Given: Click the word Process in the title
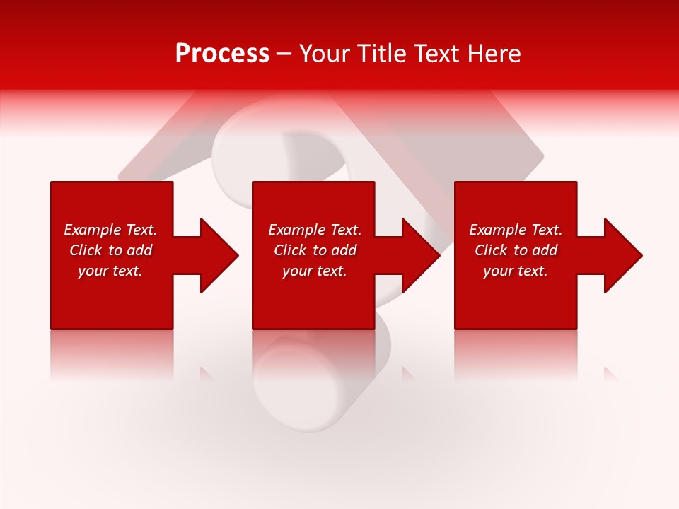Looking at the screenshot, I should (222, 54).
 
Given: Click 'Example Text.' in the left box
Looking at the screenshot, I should (110, 230).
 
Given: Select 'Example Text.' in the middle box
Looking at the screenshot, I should (315, 230).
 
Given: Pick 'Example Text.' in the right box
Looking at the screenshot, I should (516, 230).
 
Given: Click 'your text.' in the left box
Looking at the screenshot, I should (110, 271).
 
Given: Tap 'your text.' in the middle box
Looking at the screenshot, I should (315, 271).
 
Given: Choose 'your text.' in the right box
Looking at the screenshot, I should (516, 271).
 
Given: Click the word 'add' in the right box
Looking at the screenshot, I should (544, 250).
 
